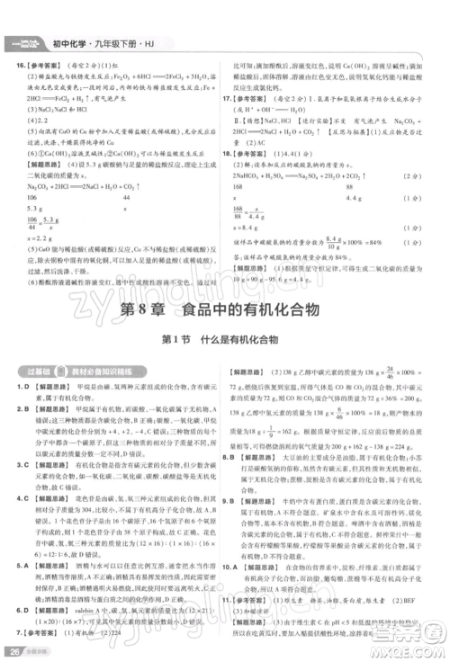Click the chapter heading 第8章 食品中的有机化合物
tap(224, 309)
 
